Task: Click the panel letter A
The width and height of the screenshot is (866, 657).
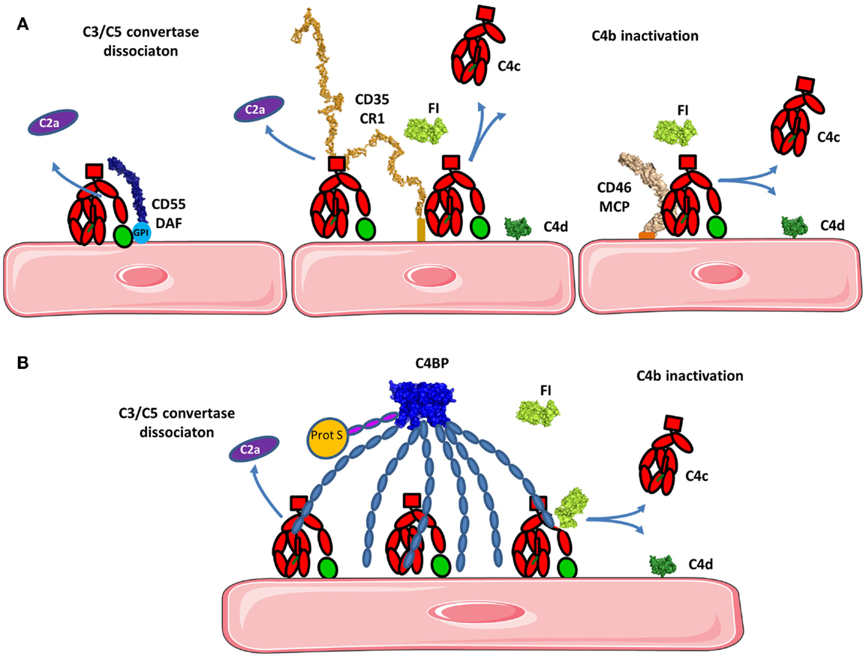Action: coord(23,25)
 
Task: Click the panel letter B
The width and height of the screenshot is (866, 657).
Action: coord(23,364)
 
